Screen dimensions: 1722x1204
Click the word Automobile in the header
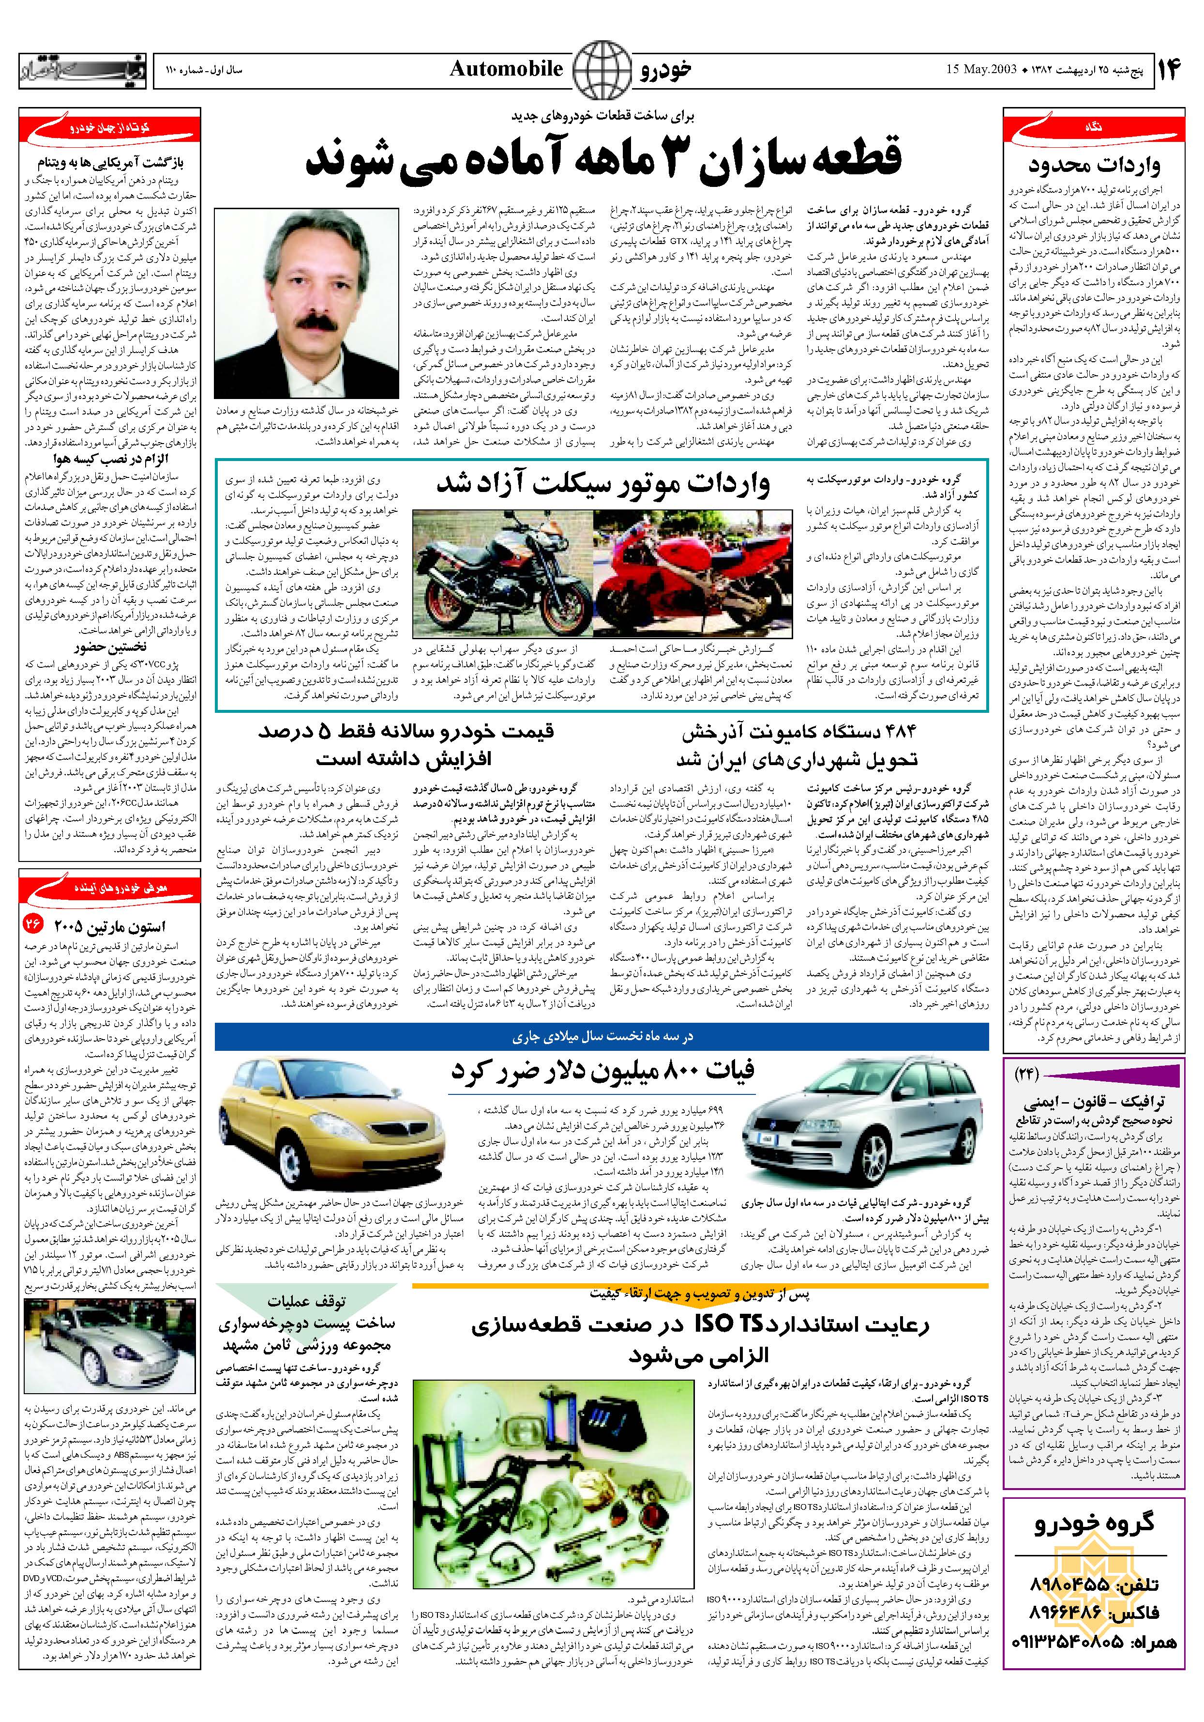point(506,70)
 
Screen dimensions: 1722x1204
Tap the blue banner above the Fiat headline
point(602,1036)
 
